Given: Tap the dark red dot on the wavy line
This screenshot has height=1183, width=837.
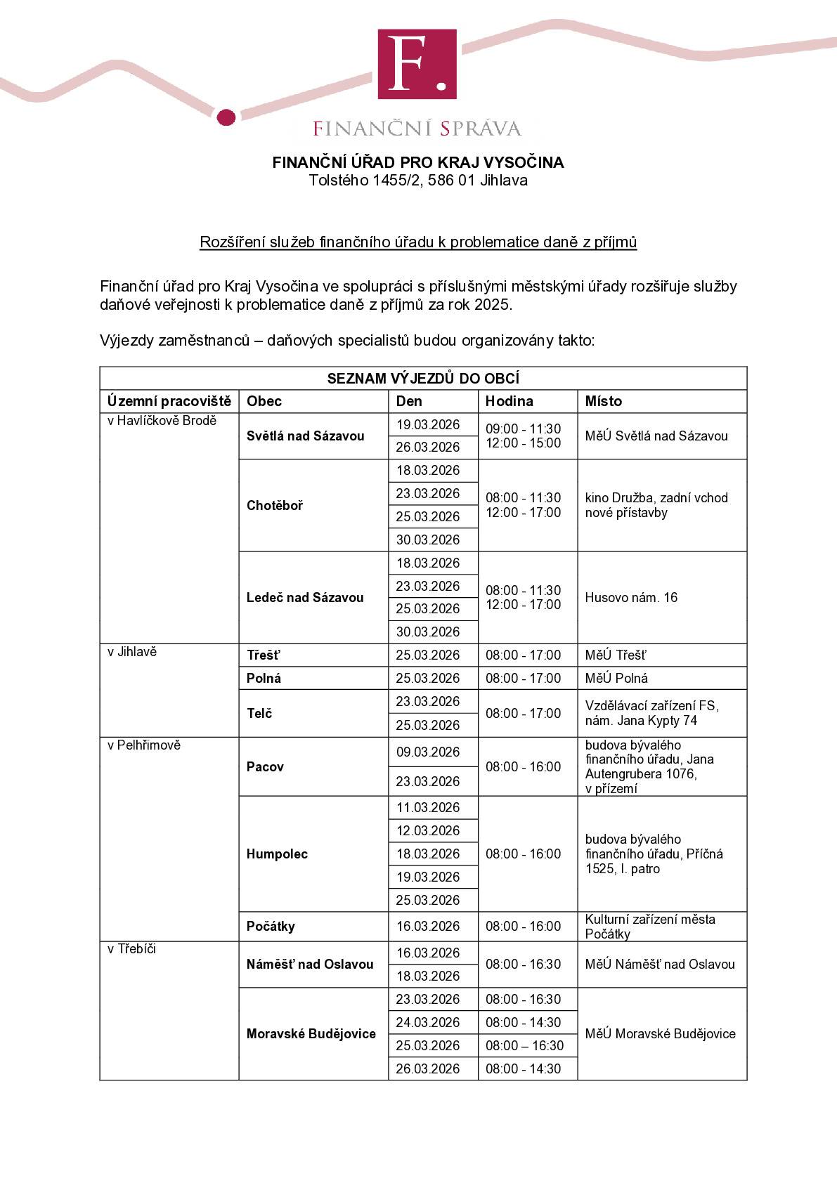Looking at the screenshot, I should pyautogui.click(x=226, y=117).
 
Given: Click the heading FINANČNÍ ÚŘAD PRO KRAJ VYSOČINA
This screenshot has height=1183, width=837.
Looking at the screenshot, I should pyautogui.click(x=418, y=162).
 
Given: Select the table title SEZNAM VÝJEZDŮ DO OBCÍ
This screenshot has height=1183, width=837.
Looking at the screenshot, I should pyautogui.click(x=423, y=379).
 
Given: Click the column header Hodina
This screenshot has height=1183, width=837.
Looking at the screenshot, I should pyautogui.click(x=510, y=401).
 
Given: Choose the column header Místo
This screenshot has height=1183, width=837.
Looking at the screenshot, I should pyautogui.click(x=604, y=401).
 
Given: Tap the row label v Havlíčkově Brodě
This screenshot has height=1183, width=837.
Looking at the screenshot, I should pyautogui.click(x=162, y=421).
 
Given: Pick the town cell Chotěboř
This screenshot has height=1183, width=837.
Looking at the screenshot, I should pyautogui.click(x=275, y=505).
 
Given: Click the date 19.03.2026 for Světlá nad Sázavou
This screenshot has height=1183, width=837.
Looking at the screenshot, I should pyautogui.click(x=428, y=424).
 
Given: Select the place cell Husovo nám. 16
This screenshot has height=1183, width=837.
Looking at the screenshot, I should pyautogui.click(x=631, y=597).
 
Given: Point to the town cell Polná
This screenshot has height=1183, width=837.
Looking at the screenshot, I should pyautogui.click(x=264, y=678).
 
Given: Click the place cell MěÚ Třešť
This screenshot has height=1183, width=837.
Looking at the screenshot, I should pyautogui.click(x=616, y=655).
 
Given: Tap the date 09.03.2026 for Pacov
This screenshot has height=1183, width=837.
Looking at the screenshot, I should pyautogui.click(x=428, y=752).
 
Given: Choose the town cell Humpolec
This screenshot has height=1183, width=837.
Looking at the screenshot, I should pyautogui.click(x=277, y=854).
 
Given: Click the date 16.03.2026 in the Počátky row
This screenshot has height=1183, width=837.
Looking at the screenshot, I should pyautogui.click(x=428, y=926).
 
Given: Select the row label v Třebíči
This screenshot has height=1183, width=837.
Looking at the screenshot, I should pyautogui.click(x=131, y=949).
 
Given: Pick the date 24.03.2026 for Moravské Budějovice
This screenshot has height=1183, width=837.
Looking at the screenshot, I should pyautogui.click(x=428, y=1022).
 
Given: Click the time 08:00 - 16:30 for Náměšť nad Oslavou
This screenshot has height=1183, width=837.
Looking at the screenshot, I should pyautogui.click(x=524, y=964).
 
